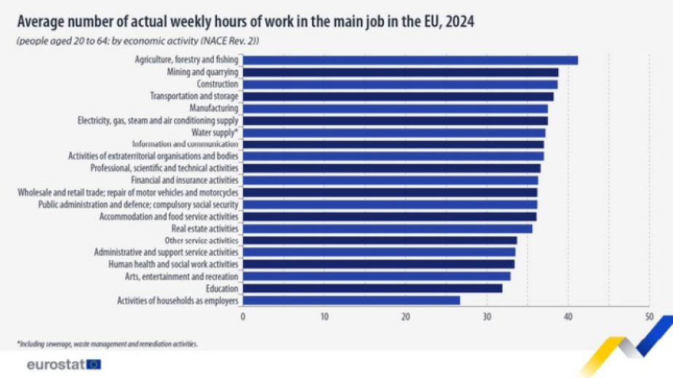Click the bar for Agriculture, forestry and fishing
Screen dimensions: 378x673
(x=410, y=60)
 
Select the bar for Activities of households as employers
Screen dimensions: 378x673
(x=351, y=300)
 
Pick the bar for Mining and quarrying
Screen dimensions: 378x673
(x=401, y=73)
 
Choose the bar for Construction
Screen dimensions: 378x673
(x=400, y=84)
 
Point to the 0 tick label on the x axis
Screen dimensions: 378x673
(x=243, y=316)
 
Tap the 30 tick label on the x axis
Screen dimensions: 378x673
(x=487, y=316)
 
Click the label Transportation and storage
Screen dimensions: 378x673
(x=194, y=96)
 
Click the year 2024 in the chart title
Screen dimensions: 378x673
(x=458, y=22)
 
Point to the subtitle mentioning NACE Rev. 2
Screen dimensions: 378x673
(x=138, y=41)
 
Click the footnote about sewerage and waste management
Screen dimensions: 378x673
(x=107, y=343)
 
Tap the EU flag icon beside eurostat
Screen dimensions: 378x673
(x=94, y=364)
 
